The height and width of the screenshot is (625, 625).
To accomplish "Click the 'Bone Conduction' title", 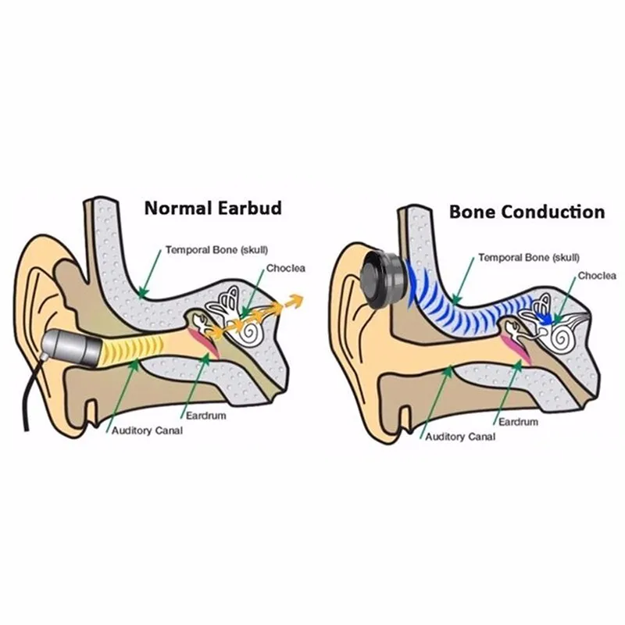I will (527, 212).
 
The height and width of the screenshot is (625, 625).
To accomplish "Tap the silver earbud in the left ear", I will (73, 346).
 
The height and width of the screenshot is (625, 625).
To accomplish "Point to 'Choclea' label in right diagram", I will (597, 276).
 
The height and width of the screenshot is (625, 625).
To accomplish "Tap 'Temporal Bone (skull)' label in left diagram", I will (216, 250).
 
